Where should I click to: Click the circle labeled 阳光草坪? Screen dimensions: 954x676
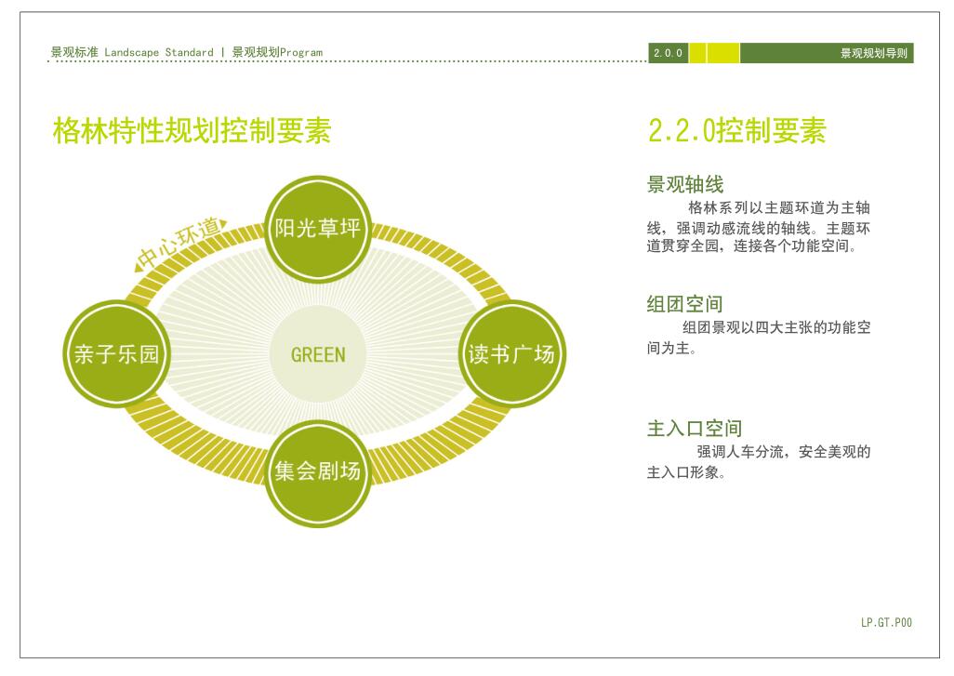(318, 229)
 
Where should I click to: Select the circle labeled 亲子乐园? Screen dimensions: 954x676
(116, 353)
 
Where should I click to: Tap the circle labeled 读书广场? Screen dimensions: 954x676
(511, 353)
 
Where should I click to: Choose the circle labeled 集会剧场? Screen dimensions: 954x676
(318, 472)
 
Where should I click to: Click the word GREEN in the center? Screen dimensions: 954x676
(318, 354)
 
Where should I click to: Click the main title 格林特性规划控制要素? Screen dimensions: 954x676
(192, 131)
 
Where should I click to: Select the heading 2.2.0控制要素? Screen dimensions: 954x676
(736, 131)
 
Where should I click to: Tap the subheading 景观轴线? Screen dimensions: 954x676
(685, 184)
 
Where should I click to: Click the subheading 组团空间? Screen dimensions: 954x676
(684, 304)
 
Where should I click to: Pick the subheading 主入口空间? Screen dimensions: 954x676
(695, 429)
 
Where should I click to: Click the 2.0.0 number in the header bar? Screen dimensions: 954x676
(668, 53)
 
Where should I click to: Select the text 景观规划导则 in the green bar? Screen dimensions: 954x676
(874, 53)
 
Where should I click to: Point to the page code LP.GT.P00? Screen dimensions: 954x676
(886, 622)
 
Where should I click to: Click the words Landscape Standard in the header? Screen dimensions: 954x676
(159, 52)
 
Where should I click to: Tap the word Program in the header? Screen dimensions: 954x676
(301, 53)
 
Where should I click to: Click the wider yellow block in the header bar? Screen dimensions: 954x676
(723, 53)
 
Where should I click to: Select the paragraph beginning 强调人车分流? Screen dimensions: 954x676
(759, 462)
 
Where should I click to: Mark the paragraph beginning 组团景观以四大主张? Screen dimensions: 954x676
(759, 338)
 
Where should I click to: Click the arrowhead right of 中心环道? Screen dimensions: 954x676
(224, 223)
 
